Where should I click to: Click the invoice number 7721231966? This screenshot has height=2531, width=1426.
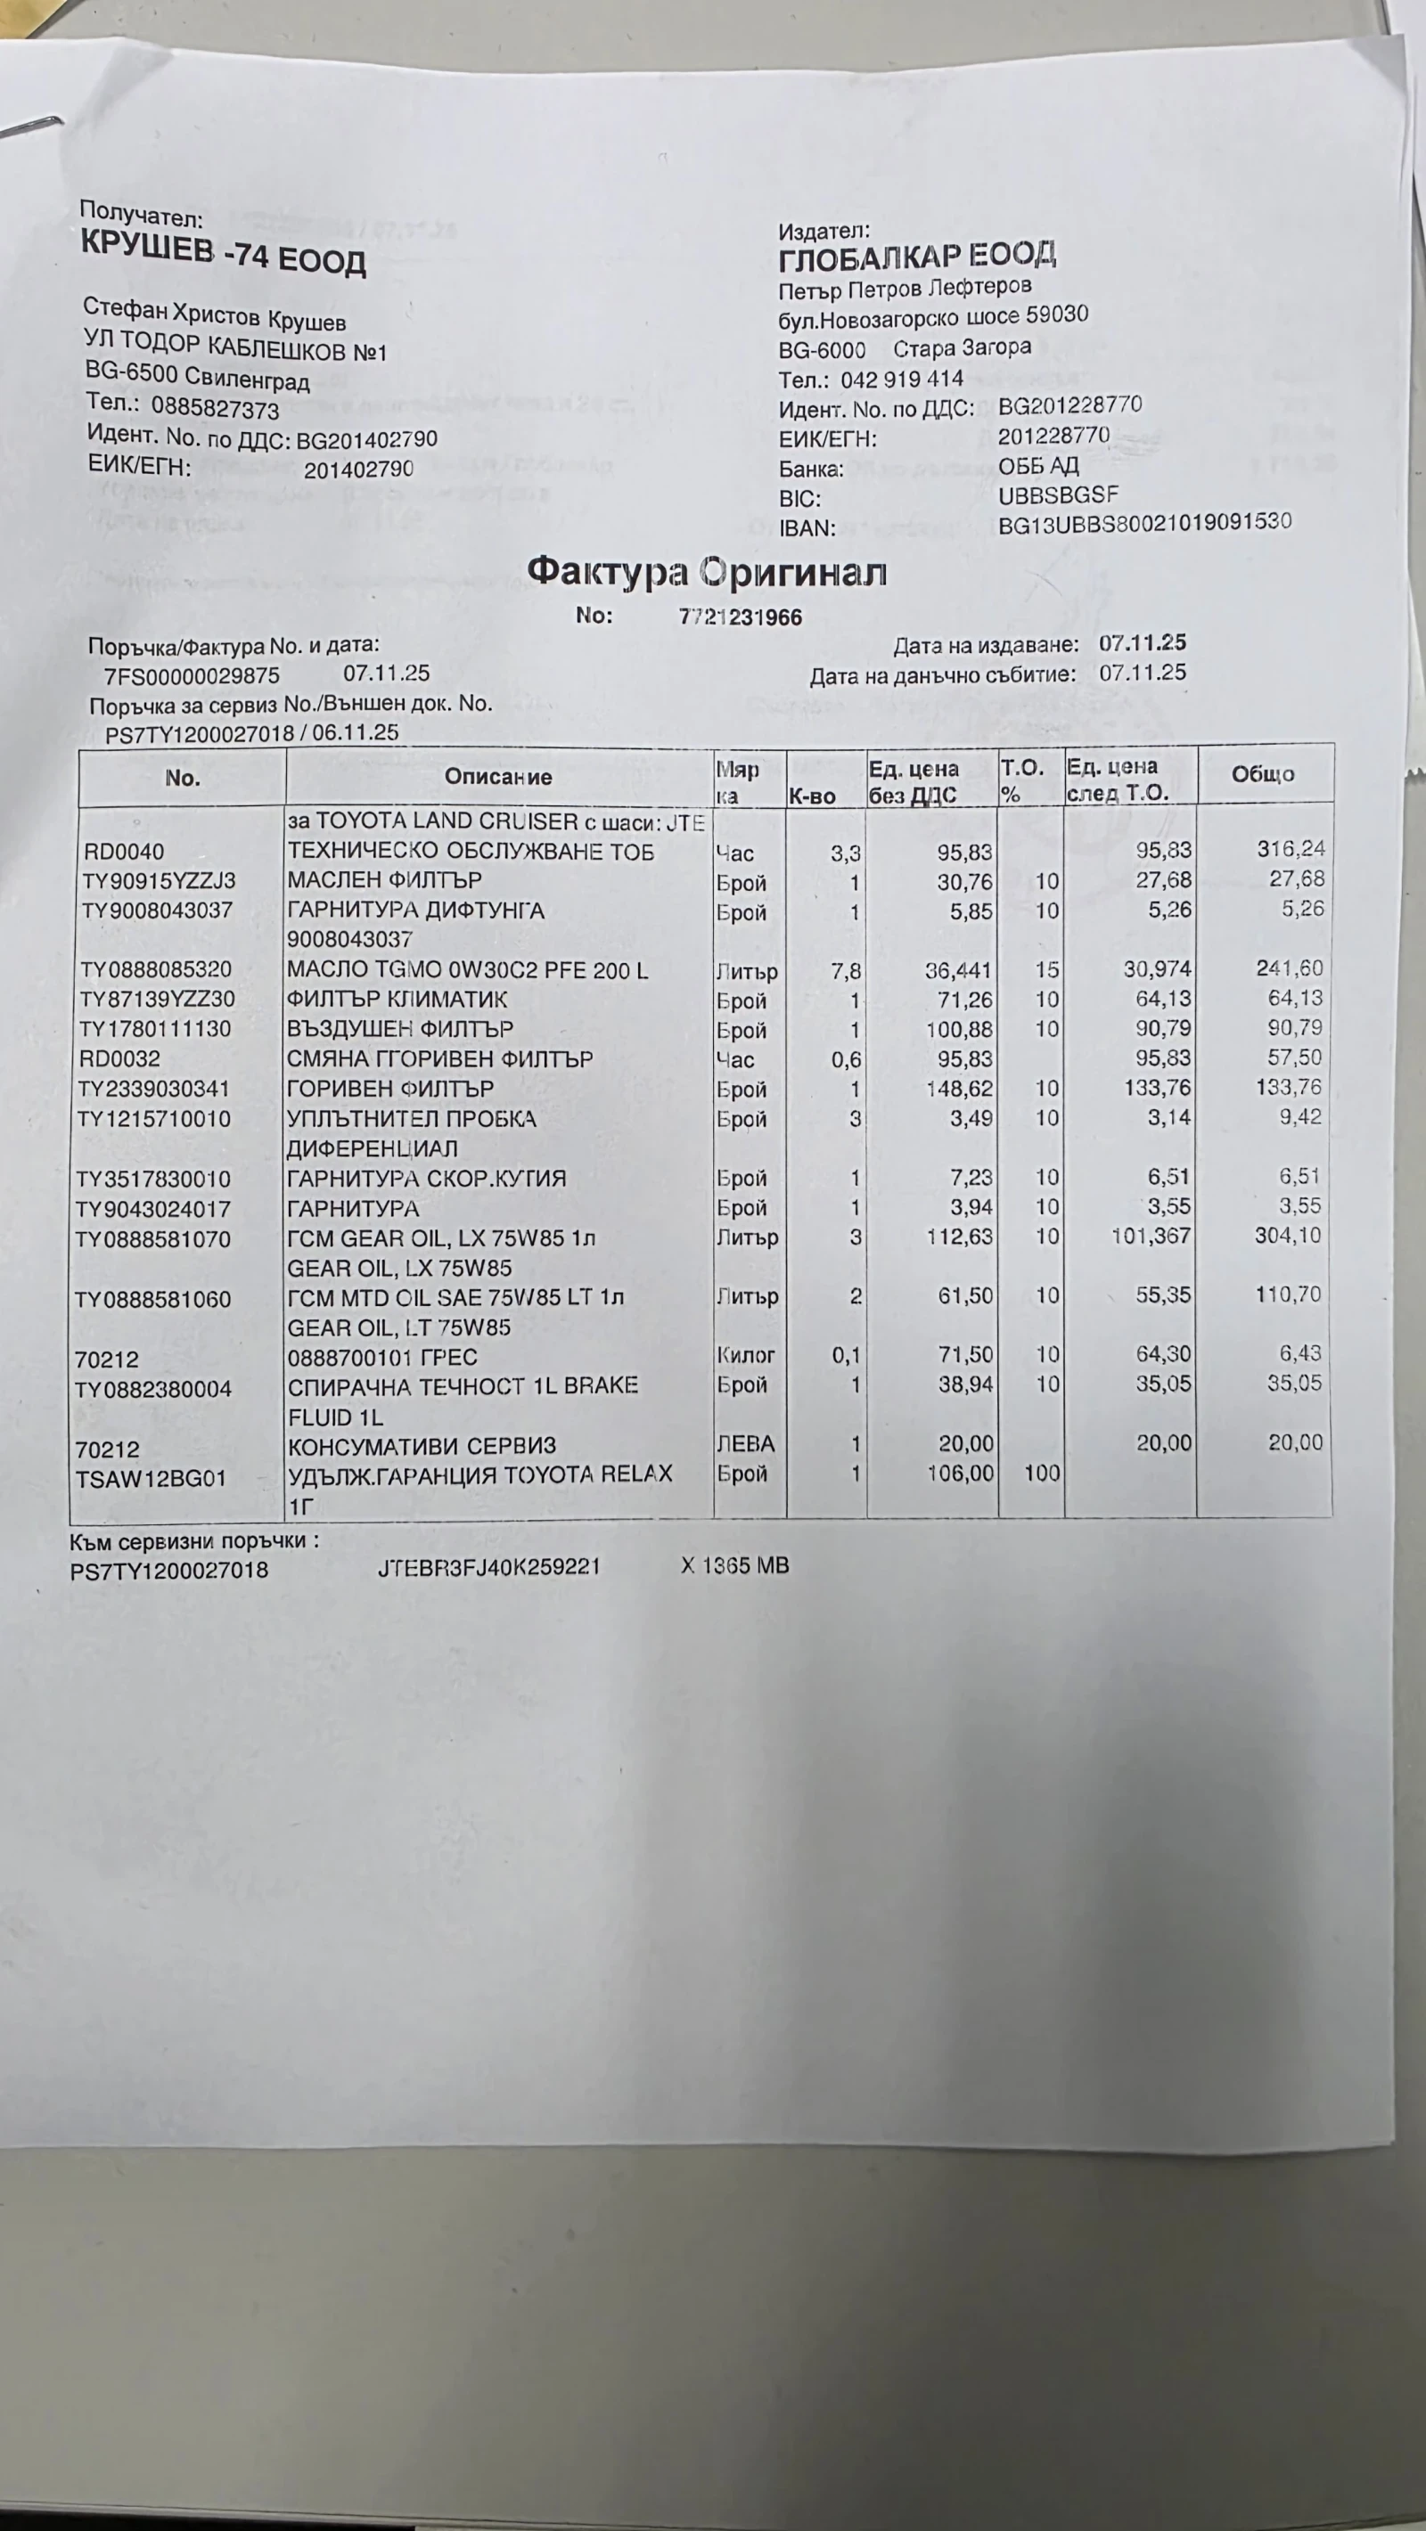click(x=740, y=617)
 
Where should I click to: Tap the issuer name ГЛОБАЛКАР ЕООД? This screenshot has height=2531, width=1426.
click(x=917, y=257)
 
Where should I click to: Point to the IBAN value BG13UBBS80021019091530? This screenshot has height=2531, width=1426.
click(x=1144, y=523)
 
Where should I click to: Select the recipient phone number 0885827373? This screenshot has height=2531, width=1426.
click(x=215, y=408)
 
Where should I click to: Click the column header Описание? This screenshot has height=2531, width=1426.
click(x=497, y=776)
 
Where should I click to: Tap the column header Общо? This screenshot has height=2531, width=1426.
click(x=1263, y=774)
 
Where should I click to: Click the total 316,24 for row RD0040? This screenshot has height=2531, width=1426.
click(x=1291, y=849)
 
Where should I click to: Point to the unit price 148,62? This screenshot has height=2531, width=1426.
click(x=960, y=1089)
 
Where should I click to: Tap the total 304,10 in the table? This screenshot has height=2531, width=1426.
click(x=1288, y=1236)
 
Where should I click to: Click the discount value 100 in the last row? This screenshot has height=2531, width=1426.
click(x=1042, y=1473)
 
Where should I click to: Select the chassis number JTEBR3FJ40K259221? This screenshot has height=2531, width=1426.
click(x=488, y=1567)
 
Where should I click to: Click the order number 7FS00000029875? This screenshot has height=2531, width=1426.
click(x=192, y=676)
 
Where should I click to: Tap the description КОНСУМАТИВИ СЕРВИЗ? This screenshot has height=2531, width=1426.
click(x=422, y=1445)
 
